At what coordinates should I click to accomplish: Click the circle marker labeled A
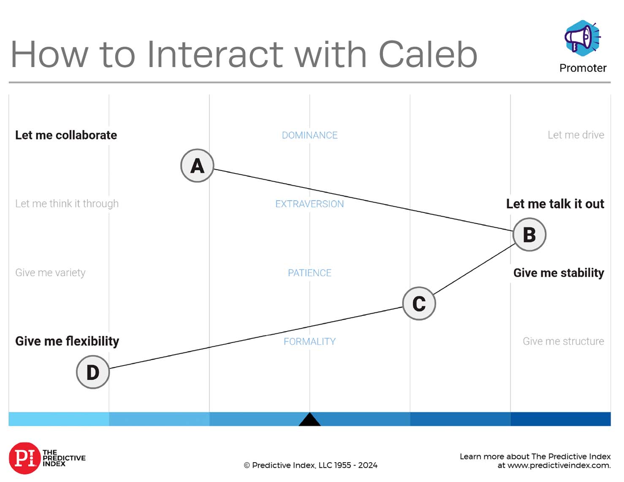coord(197,165)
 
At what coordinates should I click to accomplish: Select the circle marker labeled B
coord(529,234)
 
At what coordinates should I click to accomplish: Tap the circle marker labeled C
coord(419,303)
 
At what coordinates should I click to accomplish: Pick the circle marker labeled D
coord(93,372)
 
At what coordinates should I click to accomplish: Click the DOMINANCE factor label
coord(309,135)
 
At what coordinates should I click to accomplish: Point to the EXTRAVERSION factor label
coord(309,204)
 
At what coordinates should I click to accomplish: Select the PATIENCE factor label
coord(309,273)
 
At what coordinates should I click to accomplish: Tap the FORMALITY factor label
coord(309,342)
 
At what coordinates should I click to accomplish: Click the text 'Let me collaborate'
coord(66,135)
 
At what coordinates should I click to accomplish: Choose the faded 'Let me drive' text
coord(576,135)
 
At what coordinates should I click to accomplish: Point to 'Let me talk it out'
coord(555,204)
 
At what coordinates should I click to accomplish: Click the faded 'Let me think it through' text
coord(67,204)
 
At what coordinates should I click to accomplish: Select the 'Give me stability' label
coord(559,273)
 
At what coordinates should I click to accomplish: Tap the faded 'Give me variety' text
coord(50,273)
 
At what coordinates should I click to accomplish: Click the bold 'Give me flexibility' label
coord(67,341)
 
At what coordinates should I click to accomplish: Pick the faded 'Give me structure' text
coord(563,341)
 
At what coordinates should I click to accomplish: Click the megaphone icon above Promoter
coord(583,38)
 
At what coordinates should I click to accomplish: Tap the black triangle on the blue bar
coord(309,420)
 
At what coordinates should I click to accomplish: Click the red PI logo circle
coord(24,458)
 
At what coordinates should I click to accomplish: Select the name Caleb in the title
coord(428,54)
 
